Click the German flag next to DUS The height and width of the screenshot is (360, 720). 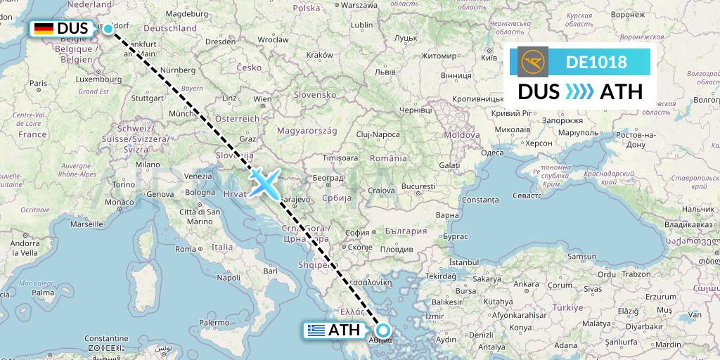point(44,29)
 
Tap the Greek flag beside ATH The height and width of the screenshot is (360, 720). point(316,330)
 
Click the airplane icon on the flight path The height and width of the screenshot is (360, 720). point(264,182)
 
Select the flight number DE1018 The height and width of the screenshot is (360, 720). point(596,62)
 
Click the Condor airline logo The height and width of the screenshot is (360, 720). point(533,62)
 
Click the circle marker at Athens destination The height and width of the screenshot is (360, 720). point(383,330)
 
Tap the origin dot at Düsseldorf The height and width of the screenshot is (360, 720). point(108,28)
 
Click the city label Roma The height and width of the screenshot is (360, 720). point(185,249)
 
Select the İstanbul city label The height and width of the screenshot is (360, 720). point(463,262)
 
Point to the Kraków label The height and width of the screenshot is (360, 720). point(319,55)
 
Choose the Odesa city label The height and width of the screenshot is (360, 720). point(492,153)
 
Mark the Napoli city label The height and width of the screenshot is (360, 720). point(228,278)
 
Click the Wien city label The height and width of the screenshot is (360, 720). point(262,99)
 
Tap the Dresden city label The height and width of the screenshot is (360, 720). point(220,41)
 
